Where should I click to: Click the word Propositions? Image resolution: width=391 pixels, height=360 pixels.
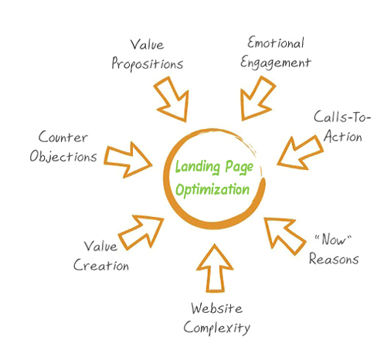(147, 63)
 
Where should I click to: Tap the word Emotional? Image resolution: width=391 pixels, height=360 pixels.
(276, 42)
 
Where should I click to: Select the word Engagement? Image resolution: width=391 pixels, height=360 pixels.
(276, 63)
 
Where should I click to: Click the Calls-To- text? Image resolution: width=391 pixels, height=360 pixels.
(342, 117)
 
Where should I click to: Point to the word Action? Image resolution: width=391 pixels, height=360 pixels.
(343, 136)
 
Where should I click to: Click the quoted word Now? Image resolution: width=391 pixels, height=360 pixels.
(333, 239)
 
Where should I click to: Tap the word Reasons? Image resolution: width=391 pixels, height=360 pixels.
(334, 259)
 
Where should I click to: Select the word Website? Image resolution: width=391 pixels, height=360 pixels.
(217, 308)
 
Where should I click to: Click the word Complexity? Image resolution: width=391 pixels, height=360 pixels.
(217, 328)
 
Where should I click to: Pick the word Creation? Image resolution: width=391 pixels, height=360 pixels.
(101, 265)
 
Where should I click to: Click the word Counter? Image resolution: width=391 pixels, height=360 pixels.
(63, 137)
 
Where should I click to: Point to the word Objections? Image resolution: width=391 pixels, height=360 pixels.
(63, 156)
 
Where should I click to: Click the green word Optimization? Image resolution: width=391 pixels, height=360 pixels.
(212, 190)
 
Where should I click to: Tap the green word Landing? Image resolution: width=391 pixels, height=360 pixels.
(198, 167)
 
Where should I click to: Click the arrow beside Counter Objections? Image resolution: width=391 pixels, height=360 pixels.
(128, 160)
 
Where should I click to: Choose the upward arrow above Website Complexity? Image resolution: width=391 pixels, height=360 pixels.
(215, 269)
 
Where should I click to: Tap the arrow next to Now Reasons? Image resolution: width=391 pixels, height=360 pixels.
(284, 235)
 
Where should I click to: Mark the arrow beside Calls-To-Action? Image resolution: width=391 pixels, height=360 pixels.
(301, 152)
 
